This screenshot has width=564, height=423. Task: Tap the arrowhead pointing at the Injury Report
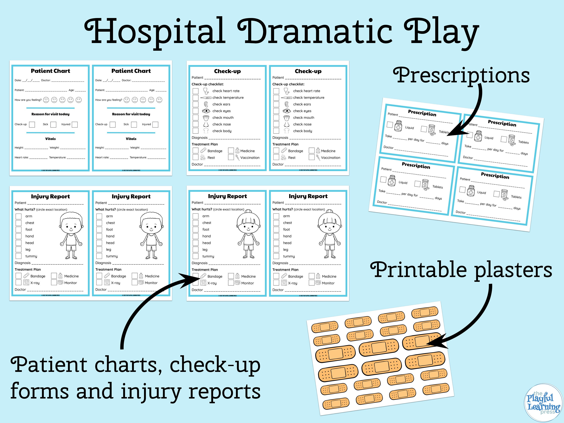[x=189, y=279]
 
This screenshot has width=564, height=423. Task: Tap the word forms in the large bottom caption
[x=39, y=391]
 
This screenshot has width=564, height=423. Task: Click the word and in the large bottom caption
[x=95, y=391]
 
